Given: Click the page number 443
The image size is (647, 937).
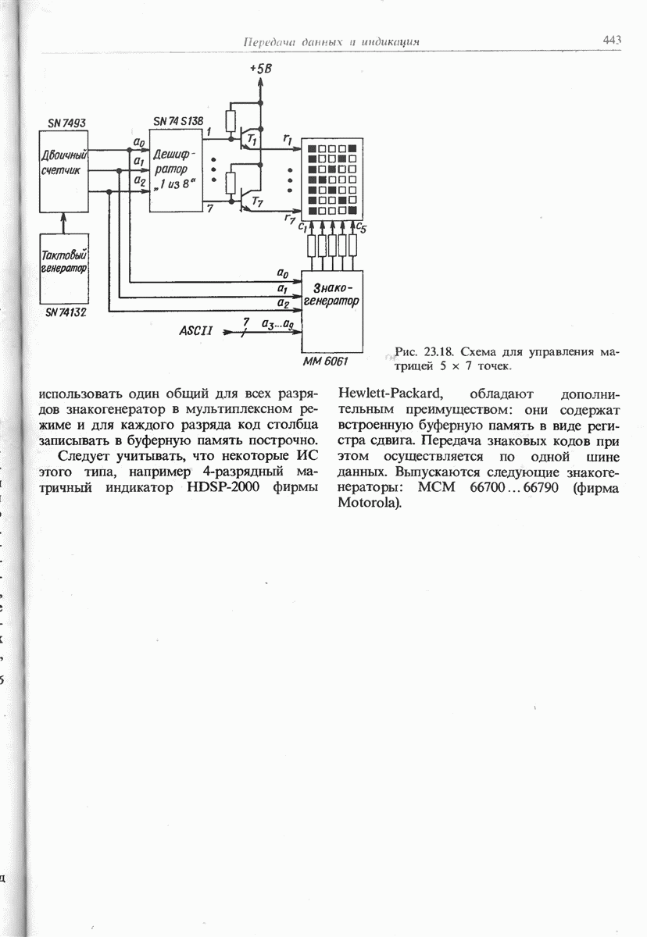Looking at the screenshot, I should (x=612, y=40).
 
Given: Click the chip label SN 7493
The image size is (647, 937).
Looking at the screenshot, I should (x=66, y=123).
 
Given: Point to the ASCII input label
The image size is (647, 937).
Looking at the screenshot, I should (x=196, y=331).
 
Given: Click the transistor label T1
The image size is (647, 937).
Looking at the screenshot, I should (x=251, y=140).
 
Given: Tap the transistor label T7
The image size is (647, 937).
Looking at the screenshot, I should (x=252, y=201).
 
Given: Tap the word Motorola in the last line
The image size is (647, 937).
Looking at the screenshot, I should (x=370, y=501).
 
